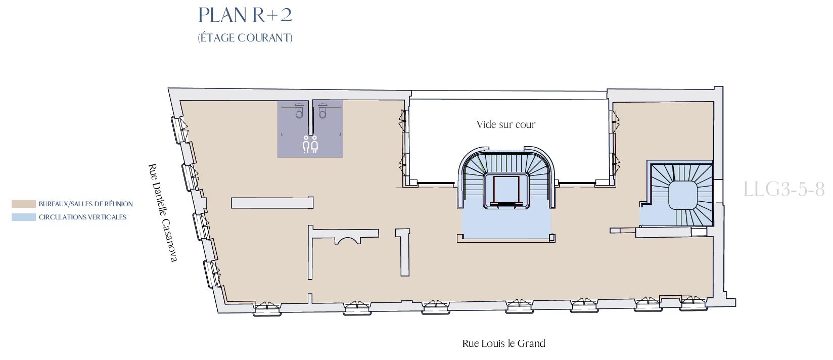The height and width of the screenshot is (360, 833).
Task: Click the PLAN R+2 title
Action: [245, 15]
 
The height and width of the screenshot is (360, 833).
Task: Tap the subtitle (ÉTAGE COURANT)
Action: [245, 37]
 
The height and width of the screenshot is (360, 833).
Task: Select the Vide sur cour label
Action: [506, 124]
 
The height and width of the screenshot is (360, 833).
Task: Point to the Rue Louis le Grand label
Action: [503, 343]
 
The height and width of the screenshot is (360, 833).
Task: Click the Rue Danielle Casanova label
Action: [163, 213]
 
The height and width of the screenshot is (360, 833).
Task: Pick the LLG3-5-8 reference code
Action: [784, 189]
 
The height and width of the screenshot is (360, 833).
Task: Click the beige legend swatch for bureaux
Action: [23, 204]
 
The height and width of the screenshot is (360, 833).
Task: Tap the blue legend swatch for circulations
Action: [23, 217]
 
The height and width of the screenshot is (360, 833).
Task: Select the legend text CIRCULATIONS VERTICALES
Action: [82, 217]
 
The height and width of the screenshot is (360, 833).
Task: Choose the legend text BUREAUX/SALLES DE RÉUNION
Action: [85, 204]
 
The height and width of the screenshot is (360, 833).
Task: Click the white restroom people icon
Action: [310, 144]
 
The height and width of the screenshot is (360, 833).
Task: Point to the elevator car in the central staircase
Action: [506, 190]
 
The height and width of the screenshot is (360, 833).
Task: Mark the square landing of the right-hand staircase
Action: [682, 195]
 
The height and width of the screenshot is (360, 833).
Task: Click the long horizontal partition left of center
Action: [272, 203]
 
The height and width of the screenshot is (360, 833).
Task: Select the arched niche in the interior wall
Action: [347, 241]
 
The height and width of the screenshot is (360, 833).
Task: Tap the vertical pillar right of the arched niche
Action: [403, 252]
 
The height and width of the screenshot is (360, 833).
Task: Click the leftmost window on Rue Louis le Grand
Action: [267, 308]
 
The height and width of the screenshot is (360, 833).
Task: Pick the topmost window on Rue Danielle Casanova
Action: [179, 129]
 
